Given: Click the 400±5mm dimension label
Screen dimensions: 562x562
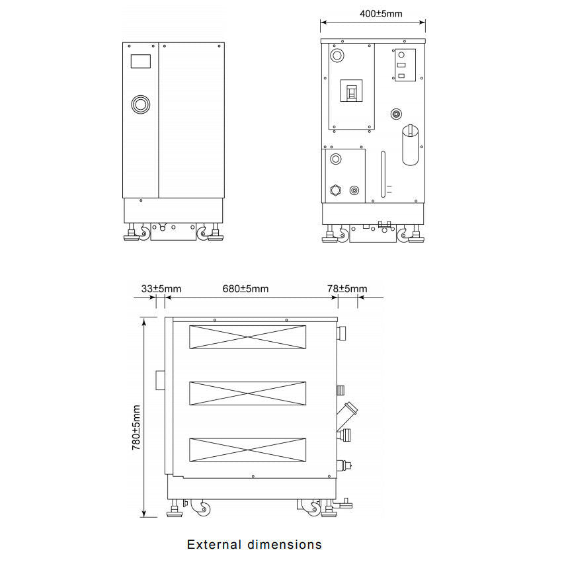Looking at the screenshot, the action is coord(381,14).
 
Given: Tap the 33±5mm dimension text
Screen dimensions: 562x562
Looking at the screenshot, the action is coord(161,288).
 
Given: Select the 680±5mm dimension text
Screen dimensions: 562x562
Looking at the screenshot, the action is coord(245,288).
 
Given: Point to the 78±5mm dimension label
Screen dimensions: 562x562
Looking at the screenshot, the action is coord(347,288).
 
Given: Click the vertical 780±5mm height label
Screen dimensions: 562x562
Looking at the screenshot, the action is coord(136,428).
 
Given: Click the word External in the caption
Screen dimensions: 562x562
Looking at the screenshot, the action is coord(214,544).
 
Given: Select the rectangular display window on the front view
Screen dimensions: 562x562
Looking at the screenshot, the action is coord(140,61).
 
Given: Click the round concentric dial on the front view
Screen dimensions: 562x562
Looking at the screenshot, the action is coord(140,104).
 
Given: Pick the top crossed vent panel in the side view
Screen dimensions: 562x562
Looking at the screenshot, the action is coord(248,337).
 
